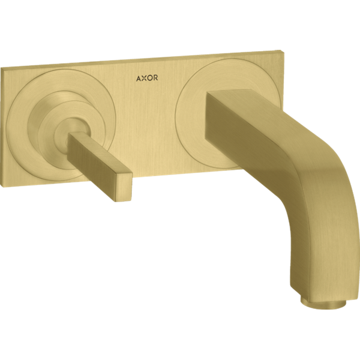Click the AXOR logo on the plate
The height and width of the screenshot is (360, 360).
pyautogui.click(x=147, y=78)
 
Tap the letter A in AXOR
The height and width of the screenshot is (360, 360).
pyautogui.click(x=139, y=79)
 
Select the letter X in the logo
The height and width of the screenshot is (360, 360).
pyautogui.click(x=144, y=78)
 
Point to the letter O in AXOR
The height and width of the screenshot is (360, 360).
pyautogui.click(x=149, y=78)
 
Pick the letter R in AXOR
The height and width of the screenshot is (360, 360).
pyautogui.click(x=155, y=78)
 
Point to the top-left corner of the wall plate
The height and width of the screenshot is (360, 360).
pyautogui.click(x=1, y=68)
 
